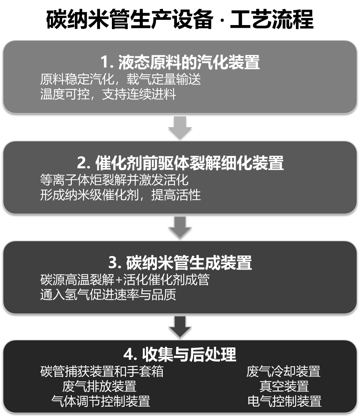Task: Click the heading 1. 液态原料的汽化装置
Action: (180, 62)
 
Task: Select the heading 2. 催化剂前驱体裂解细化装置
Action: (180, 163)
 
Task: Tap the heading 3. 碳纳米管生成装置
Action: (180, 263)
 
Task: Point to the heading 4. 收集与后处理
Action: (180, 354)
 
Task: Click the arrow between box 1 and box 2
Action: (180, 127)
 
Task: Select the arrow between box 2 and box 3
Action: (180, 227)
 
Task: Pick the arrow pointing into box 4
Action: (180, 327)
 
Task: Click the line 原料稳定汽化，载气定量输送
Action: (120, 80)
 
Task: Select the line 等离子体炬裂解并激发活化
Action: (114, 180)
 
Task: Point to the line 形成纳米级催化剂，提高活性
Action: (120, 195)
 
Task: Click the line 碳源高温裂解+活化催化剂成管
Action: (124, 280)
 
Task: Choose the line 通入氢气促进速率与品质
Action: (108, 295)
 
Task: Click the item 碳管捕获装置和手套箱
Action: (102, 371)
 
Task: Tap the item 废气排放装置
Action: (99, 386)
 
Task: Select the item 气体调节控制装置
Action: (101, 401)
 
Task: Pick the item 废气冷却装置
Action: (283, 371)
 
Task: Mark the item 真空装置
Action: (284, 386)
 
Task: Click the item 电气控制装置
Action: (284, 401)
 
